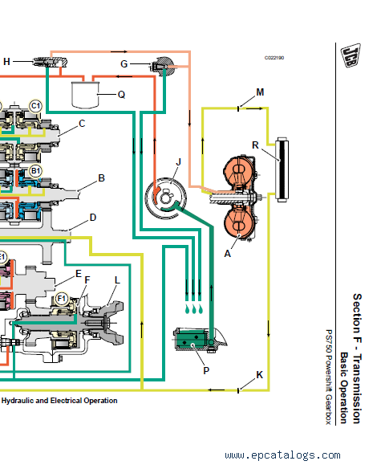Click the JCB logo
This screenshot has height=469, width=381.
click(351, 55)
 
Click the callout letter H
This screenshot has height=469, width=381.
click(6, 62)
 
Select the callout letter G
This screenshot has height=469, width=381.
click(124, 63)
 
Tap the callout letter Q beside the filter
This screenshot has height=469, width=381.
click(121, 95)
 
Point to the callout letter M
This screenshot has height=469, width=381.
click(260, 92)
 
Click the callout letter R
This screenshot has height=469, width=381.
click(255, 145)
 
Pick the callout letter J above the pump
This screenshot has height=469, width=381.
click(179, 162)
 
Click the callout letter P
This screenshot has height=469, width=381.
click(206, 370)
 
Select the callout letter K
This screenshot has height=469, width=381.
click(259, 375)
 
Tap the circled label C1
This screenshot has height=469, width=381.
click(35, 106)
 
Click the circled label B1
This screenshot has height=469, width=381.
click(35, 171)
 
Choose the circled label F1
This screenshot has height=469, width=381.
click(61, 299)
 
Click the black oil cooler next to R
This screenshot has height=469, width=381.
click(282, 169)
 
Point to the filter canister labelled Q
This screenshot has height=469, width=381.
click(85, 95)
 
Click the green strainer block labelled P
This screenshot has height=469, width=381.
click(191, 340)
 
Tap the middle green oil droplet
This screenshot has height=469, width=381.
click(194, 309)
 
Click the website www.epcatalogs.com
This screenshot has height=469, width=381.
click(282, 455)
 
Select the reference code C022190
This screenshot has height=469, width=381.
click(274, 58)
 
